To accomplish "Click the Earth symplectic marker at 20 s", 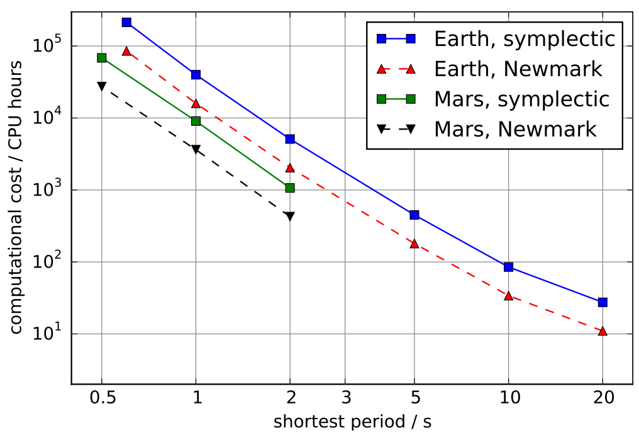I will (x=603, y=302).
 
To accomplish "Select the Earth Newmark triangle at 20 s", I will (x=603, y=330).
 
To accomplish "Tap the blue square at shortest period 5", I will (x=414, y=215).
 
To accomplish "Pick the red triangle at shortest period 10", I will (x=508, y=295).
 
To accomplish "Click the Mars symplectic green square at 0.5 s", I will (x=102, y=58).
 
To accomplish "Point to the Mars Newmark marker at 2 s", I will (x=290, y=217).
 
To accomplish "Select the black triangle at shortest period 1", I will (x=196, y=150).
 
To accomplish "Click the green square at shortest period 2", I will (x=290, y=188).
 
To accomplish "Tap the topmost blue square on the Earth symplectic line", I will (x=126, y=22).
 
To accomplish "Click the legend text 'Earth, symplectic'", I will (x=524, y=39).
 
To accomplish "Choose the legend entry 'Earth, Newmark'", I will (x=518, y=69).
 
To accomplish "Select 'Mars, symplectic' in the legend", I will (x=521, y=99).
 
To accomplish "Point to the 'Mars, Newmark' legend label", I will (x=515, y=130).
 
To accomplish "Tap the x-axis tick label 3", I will (x=345, y=398).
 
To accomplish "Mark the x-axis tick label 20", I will (x=603, y=398).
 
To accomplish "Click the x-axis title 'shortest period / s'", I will (x=352, y=422).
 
